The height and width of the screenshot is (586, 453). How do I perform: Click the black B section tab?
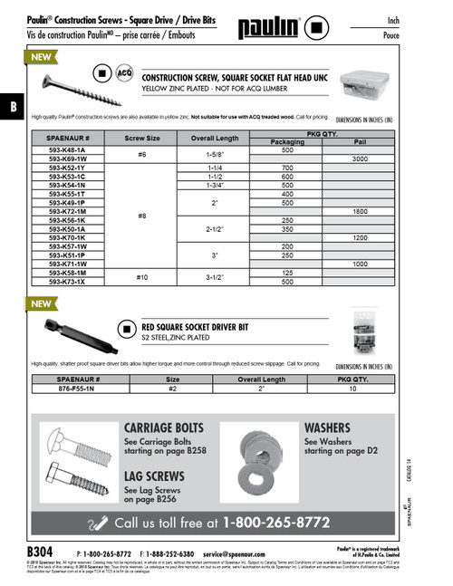(12, 106)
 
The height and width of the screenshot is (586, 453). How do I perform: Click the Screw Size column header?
(142, 139)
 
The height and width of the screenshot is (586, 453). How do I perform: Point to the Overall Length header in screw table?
(215, 139)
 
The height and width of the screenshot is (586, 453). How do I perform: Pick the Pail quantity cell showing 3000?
(359, 159)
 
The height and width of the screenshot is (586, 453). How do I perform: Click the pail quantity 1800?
(359, 210)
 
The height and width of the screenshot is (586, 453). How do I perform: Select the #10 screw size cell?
(142, 273)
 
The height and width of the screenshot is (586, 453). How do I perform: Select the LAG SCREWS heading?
(154, 476)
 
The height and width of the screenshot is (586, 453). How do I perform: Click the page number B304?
(41, 551)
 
